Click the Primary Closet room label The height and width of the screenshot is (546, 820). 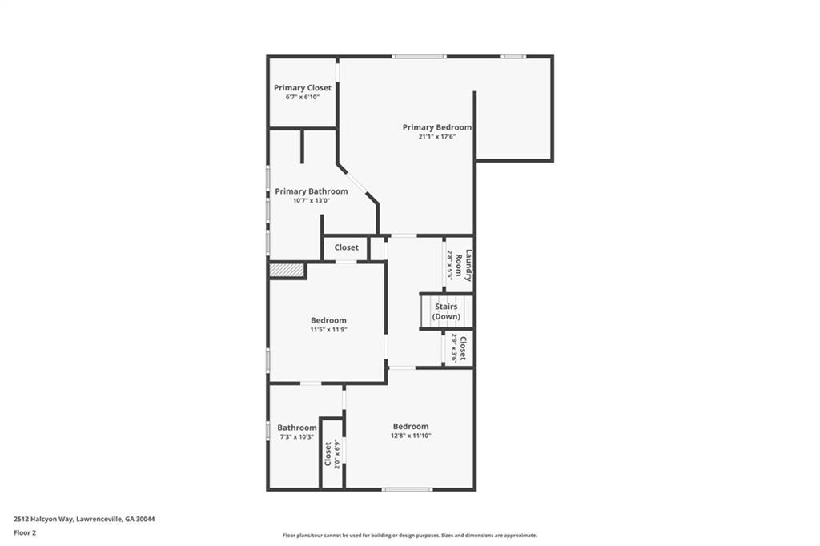pyautogui.click(x=302, y=88)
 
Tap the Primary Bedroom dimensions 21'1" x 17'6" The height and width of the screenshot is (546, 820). pyautogui.click(x=437, y=136)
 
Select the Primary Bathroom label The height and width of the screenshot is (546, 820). pyautogui.click(x=312, y=191)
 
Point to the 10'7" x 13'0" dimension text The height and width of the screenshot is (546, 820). pyautogui.click(x=312, y=200)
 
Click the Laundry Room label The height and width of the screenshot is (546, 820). pyautogui.click(x=464, y=265)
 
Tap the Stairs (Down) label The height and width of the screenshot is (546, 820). pyautogui.click(x=446, y=311)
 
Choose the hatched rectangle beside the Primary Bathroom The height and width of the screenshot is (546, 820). pyautogui.click(x=286, y=270)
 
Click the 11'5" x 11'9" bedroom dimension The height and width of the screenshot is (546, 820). pyautogui.click(x=328, y=330)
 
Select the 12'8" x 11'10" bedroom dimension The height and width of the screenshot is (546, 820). pyautogui.click(x=411, y=436)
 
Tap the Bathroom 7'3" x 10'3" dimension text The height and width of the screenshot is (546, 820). pyautogui.click(x=297, y=436)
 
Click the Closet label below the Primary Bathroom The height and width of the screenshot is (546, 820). pyautogui.click(x=346, y=247)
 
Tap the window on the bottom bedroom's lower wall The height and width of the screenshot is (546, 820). pyautogui.click(x=407, y=489)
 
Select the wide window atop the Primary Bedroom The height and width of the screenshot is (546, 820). pyautogui.click(x=420, y=57)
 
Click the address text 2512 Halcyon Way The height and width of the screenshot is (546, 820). pyautogui.click(x=44, y=520)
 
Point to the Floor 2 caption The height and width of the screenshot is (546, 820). pyautogui.click(x=25, y=533)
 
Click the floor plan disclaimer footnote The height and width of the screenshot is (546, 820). pyautogui.click(x=410, y=535)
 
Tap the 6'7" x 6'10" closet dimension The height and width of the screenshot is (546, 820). pyautogui.click(x=302, y=98)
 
